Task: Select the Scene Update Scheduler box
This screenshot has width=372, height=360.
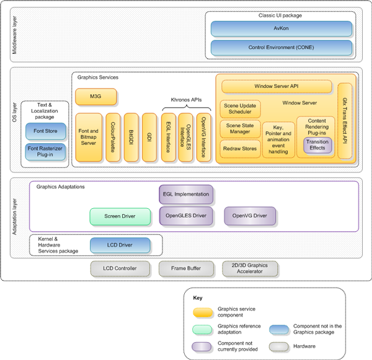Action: pos(239,109)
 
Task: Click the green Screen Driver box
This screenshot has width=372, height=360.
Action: pos(121,216)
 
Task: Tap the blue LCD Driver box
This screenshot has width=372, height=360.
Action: pos(121,246)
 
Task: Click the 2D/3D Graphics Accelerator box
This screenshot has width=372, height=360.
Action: pos(250,269)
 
